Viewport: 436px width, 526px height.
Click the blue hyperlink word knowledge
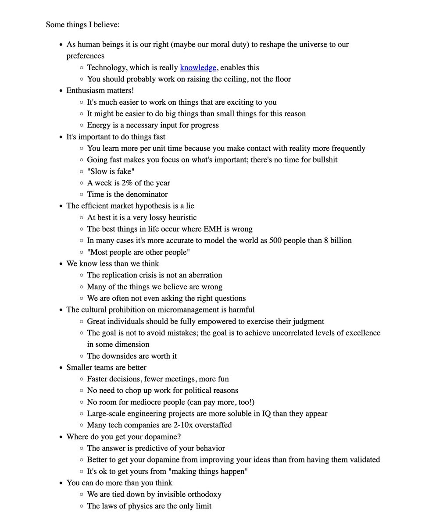pos(198,68)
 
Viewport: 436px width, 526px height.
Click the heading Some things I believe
pos(82,25)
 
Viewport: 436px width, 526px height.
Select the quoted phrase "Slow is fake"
pos(111,171)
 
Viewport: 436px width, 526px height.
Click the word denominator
pos(147,194)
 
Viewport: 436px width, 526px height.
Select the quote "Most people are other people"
pos(139,252)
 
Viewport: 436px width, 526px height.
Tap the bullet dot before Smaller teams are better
pos(60,368)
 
